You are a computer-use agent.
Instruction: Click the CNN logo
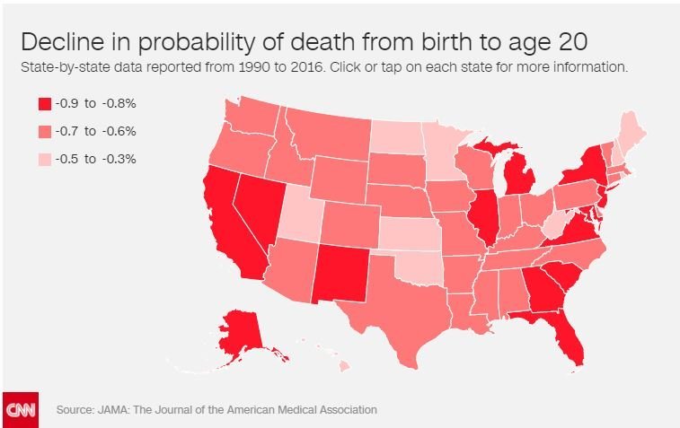coord(20,409)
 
